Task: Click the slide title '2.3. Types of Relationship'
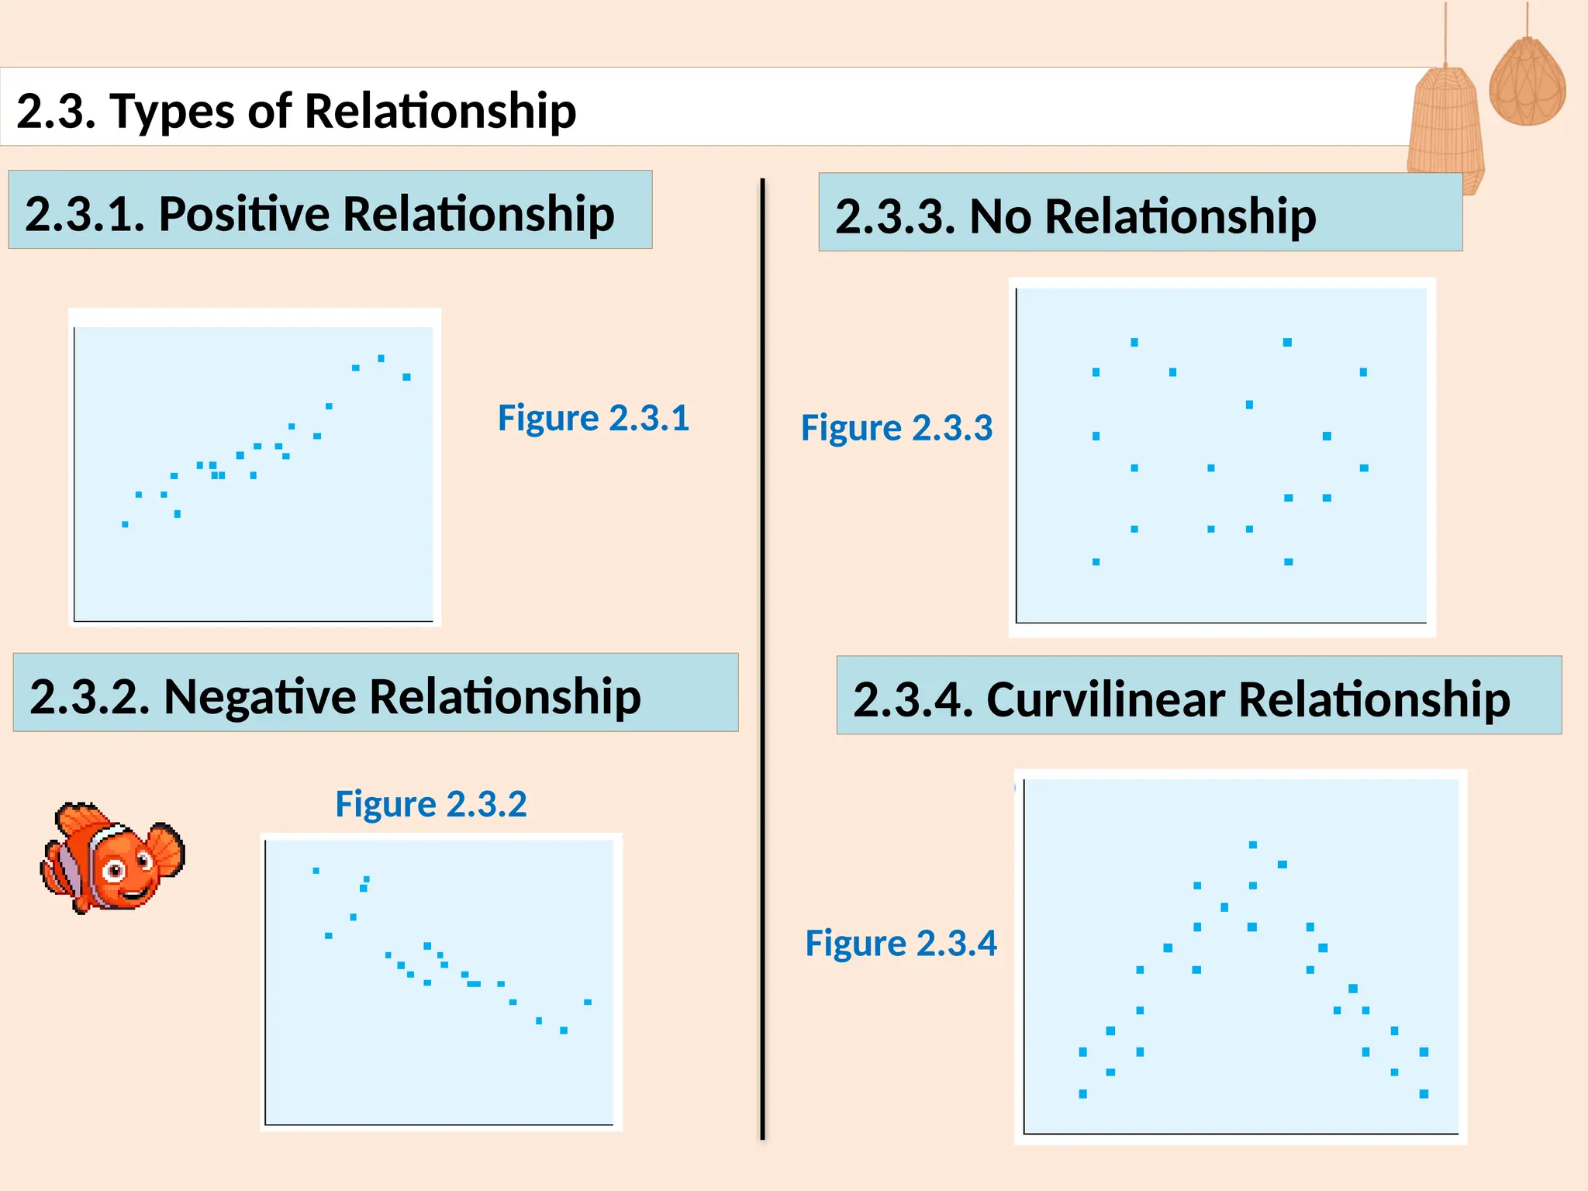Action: coord(296,110)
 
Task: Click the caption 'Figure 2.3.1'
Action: coord(593,418)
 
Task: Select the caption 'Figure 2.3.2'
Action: coord(430,803)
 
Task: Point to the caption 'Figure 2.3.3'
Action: coord(896,428)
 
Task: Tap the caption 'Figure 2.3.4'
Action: coord(900,943)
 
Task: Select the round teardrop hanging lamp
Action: coord(1527,81)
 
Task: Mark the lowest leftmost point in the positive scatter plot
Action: coord(125,524)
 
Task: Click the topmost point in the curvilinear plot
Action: coord(1253,844)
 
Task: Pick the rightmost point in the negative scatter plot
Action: coord(588,1002)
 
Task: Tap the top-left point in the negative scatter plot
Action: coord(316,870)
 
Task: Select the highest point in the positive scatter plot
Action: coord(381,358)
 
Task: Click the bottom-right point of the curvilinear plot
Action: coord(1424,1093)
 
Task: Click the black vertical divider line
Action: coord(763,659)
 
